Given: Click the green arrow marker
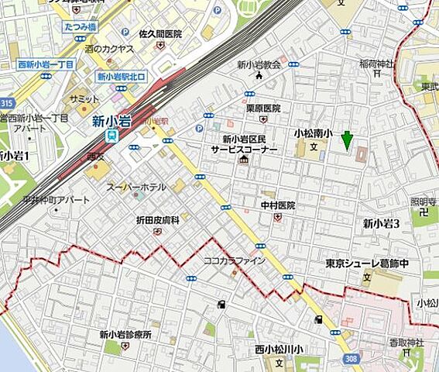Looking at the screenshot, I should click(x=347, y=139).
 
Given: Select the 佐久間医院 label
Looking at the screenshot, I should click(x=159, y=34).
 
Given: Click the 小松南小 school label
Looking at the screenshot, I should click(x=313, y=134).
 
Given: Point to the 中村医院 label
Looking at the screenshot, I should click(x=278, y=205).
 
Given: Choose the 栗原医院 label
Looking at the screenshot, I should click(x=263, y=108).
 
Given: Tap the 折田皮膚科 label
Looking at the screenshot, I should click(x=157, y=220).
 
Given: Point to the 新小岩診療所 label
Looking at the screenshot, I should click(x=125, y=335).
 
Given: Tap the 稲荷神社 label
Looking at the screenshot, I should click(x=377, y=62).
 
